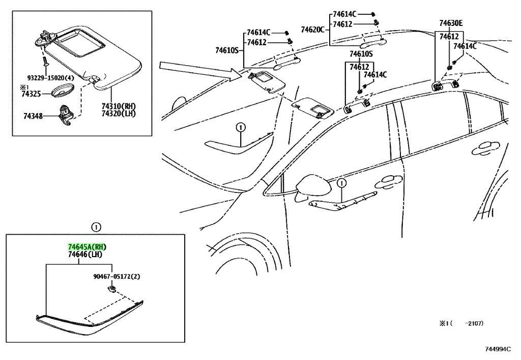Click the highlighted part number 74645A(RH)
(x=88, y=247)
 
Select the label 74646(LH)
(x=85, y=254)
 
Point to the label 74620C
(x=312, y=30)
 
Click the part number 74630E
(x=451, y=23)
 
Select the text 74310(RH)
(x=119, y=106)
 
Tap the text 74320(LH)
(x=119, y=113)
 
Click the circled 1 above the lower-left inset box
(x=97, y=227)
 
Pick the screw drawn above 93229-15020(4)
(x=44, y=62)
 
